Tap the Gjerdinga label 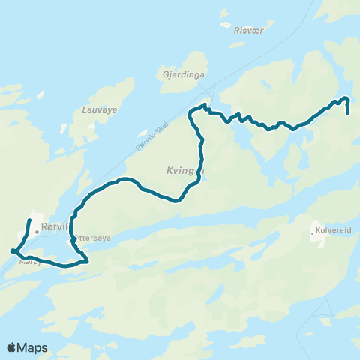tap(178, 74)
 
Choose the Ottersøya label tap(93, 238)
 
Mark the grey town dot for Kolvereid tap(313, 232)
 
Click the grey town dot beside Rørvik tap(36, 232)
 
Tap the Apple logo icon tap(11, 347)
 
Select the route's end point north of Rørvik tap(29, 220)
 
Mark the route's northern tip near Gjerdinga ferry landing tap(205, 106)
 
